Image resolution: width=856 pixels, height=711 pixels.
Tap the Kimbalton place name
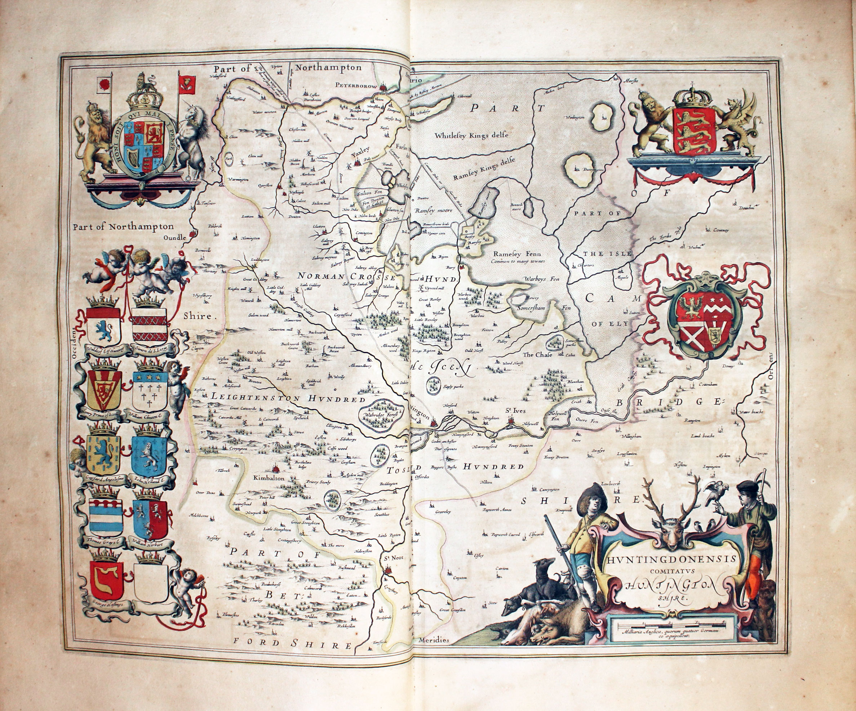(x=269, y=478)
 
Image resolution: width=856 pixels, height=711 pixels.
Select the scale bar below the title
(x=670, y=624)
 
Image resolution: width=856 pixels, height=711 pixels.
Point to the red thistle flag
(x=187, y=85)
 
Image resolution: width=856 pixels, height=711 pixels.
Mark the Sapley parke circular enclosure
(x=433, y=385)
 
